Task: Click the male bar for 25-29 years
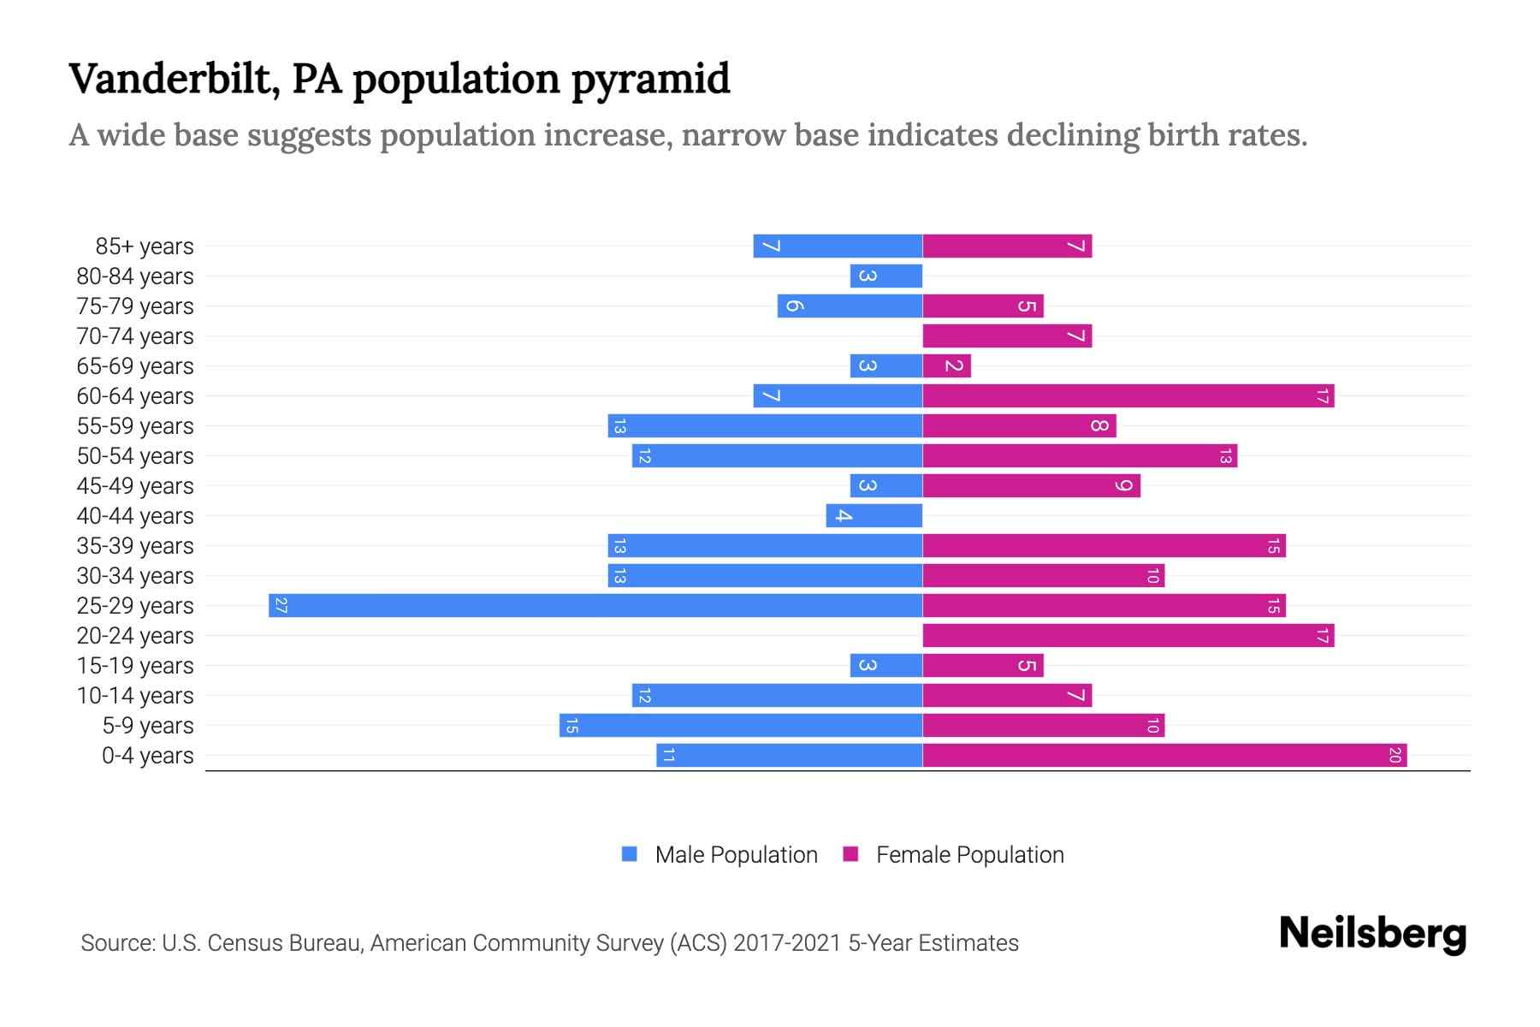pyautogui.click(x=595, y=606)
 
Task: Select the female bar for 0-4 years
pyautogui.click(x=1164, y=756)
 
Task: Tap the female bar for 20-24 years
pyautogui.click(x=1128, y=636)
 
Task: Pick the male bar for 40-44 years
pyautogui.click(x=874, y=516)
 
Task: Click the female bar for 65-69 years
pyautogui.click(x=946, y=366)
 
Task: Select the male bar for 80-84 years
pyautogui.click(x=885, y=276)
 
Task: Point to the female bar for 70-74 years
pyautogui.click(x=1007, y=336)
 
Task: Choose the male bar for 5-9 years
pyautogui.click(x=741, y=726)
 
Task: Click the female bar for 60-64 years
pyautogui.click(x=1128, y=396)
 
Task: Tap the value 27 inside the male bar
pyautogui.click(x=281, y=606)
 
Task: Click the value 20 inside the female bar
pyautogui.click(x=1394, y=756)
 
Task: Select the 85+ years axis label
pyautogui.click(x=145, y=246)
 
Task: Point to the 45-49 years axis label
pyautogui.click(x=135, y=486)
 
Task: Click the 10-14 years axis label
pyautogui.click(x=135, y=696)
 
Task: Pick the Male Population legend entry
pyautogui.click(x=736, y=855)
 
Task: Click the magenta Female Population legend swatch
pyautogui.click(x=850, y=854)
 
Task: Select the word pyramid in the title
pyautogui.click(x=650, y=79)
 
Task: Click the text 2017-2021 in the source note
pyautogui.click(x=787, y=943)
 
